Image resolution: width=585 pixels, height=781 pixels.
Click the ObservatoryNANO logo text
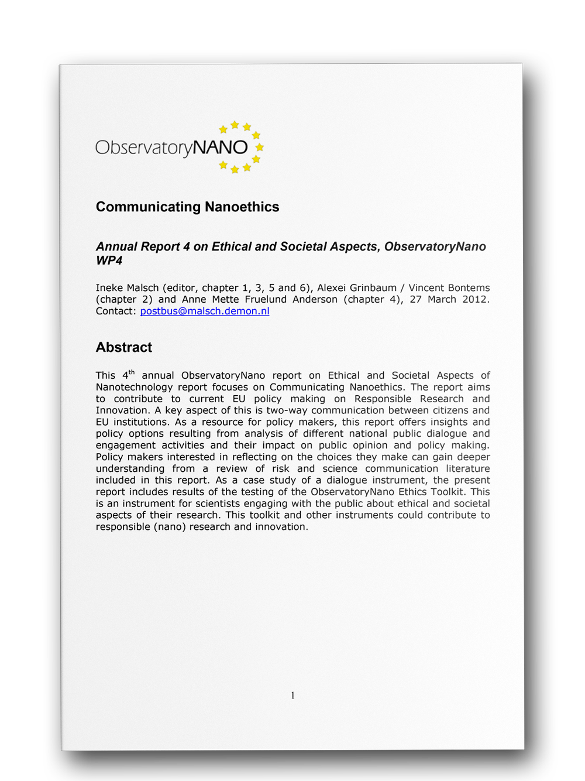coord(171,148)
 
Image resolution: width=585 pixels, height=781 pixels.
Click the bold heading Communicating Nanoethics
coord(187,207)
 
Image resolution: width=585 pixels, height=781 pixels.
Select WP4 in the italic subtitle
coord(109,261)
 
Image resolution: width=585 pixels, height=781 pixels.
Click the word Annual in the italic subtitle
coord(116,246)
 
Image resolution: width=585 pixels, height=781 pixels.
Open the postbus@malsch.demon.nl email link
coord(205,311)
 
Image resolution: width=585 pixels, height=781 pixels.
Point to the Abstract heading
coord(124,347)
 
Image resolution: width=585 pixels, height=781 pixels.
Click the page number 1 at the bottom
coord(292,696)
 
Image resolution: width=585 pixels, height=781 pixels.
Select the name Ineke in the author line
coord(109,287)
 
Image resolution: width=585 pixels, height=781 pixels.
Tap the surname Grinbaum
coord(373,287)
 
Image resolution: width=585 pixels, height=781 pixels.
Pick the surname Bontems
coord(468,287)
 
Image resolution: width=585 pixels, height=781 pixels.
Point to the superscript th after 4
coord(132,372)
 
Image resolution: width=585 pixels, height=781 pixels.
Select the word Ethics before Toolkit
coord(412,492)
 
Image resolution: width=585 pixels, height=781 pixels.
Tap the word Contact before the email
coord(115,311)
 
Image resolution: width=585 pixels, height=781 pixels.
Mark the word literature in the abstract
coord(468,468)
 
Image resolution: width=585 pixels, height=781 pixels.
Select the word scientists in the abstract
coord(215,503)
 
